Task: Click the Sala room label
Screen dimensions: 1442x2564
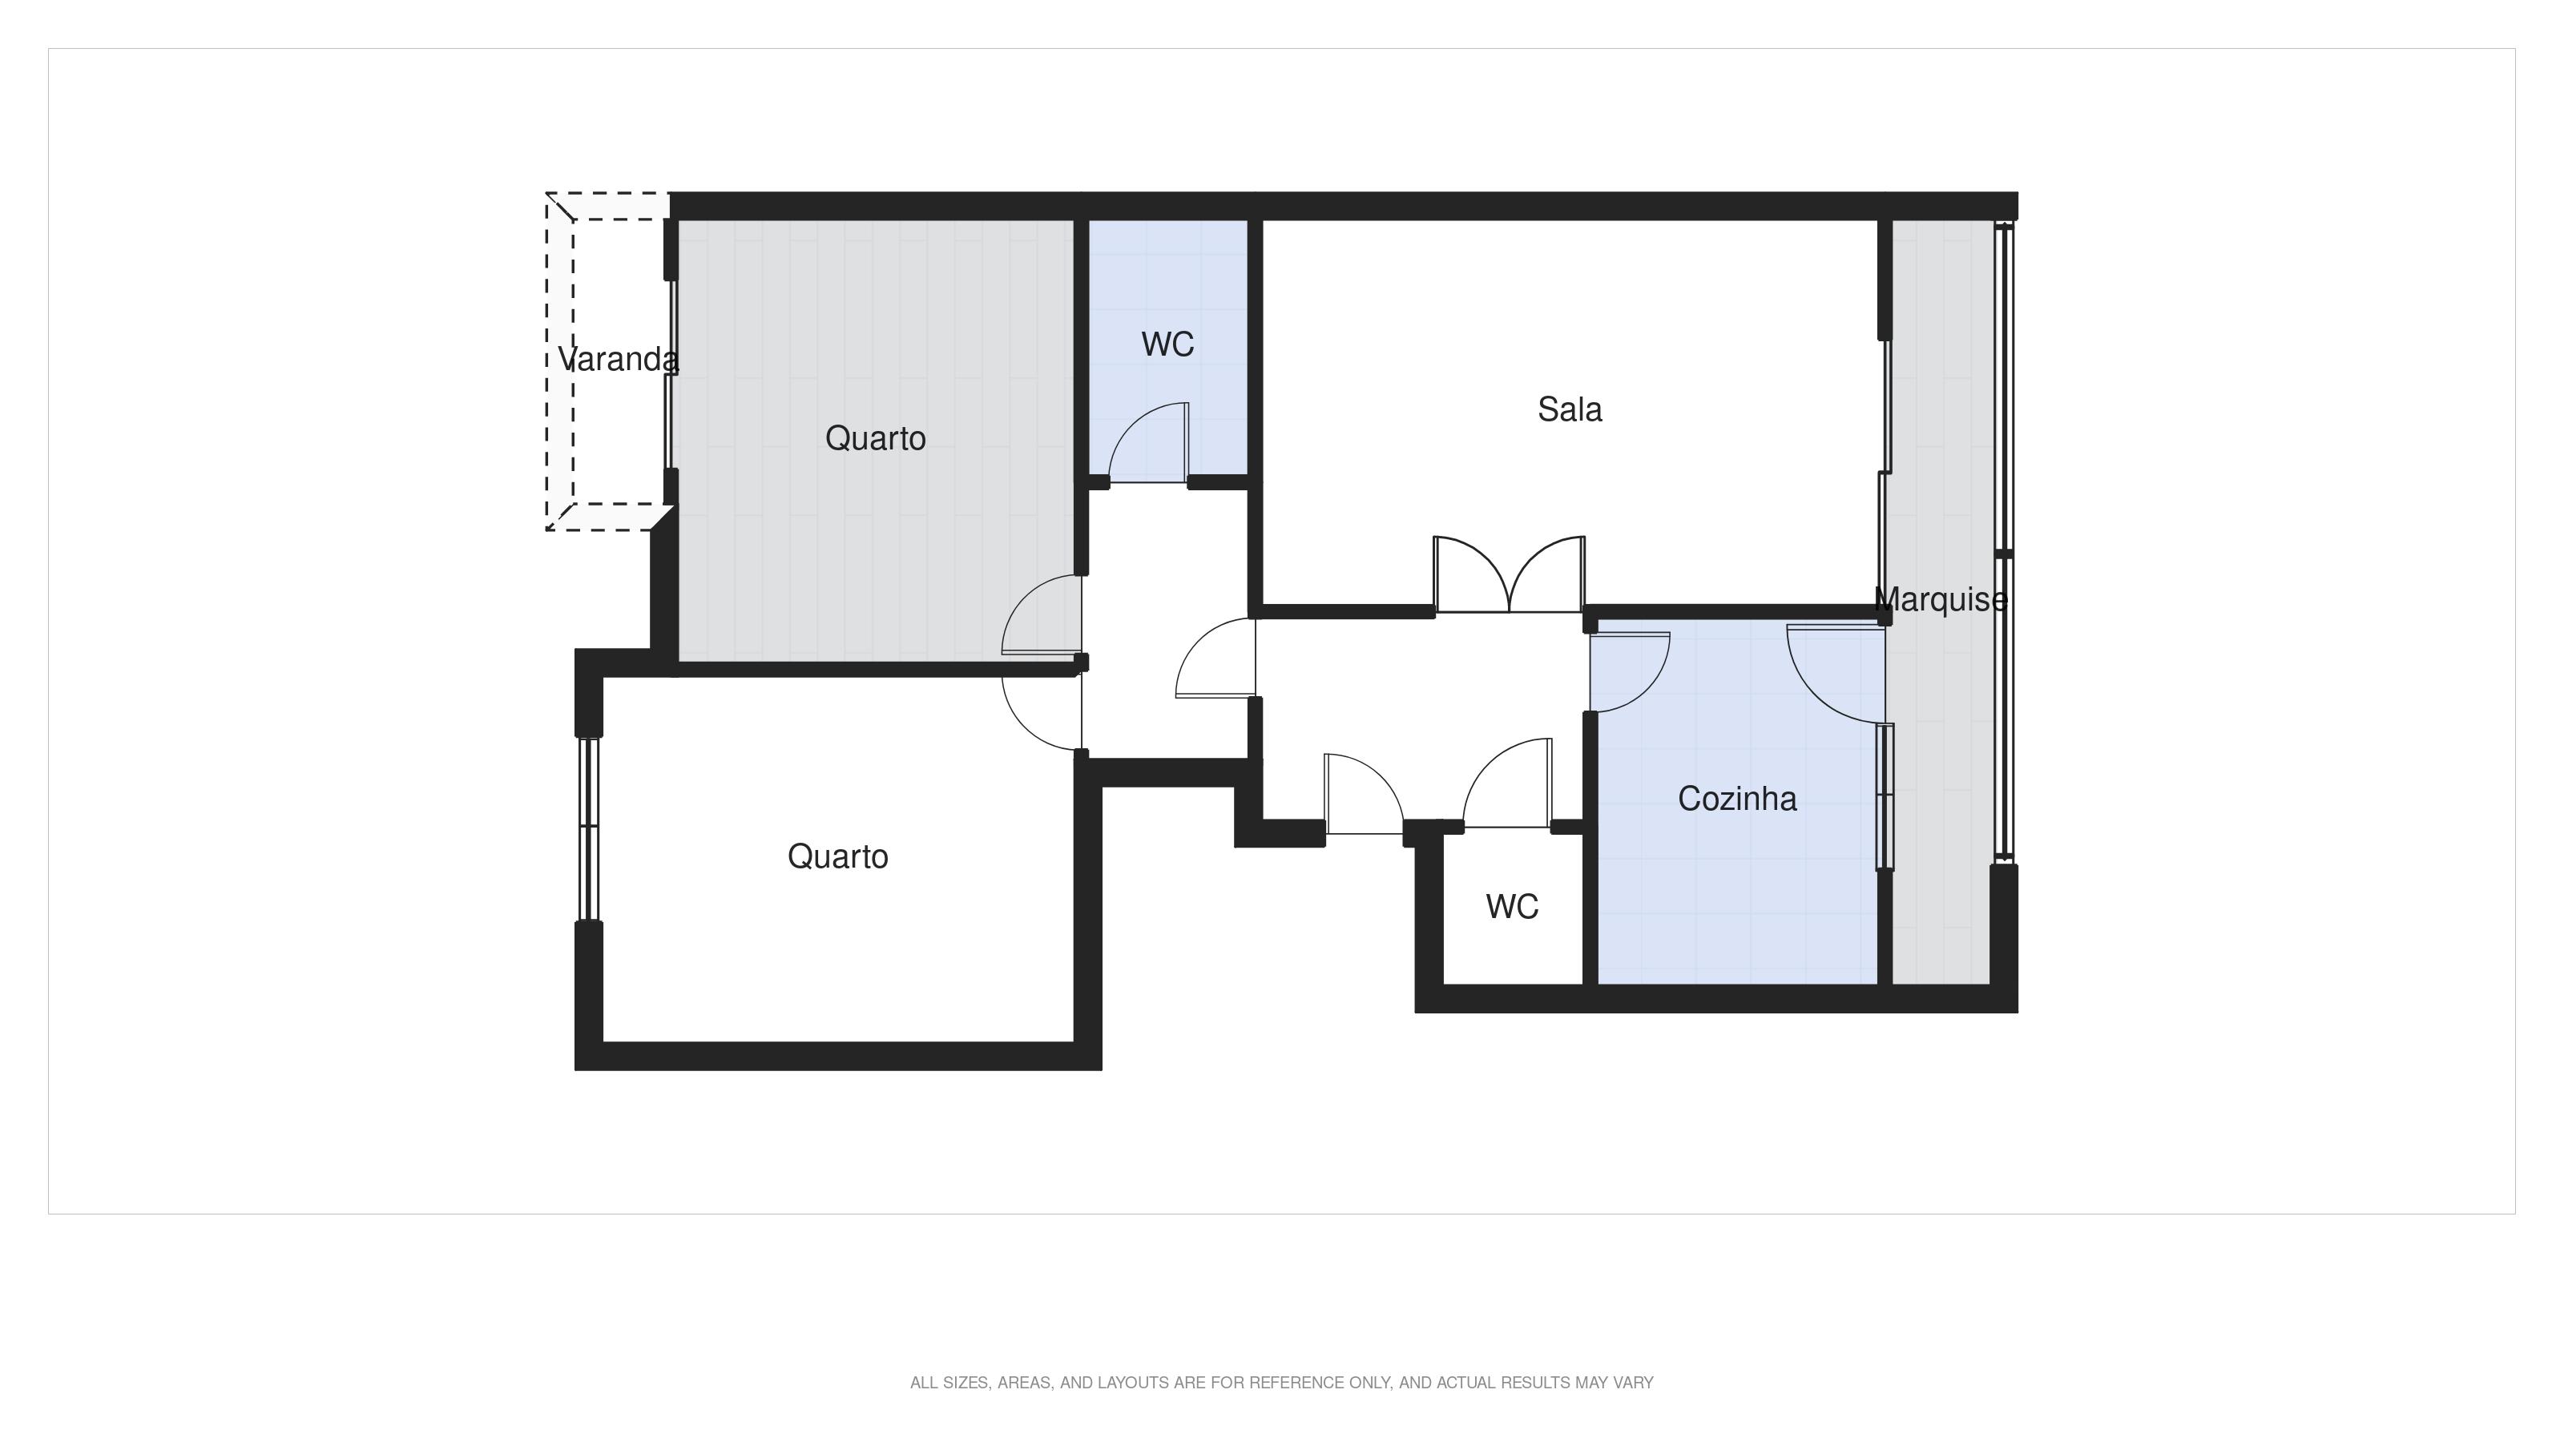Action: [1570, 410]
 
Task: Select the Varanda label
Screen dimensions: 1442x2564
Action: [617, 359]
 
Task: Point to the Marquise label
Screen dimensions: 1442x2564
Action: [1940, 600]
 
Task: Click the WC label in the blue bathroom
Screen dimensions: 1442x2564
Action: [1167, 344]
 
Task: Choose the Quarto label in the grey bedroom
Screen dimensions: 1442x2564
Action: [875, 439]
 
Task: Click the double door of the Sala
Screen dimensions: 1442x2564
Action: [1509, 577]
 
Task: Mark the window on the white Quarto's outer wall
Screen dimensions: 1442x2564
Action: [588, 828]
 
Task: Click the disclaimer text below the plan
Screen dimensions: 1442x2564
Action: [1281, 1382]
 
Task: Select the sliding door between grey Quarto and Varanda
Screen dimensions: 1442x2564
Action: [671, 373]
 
